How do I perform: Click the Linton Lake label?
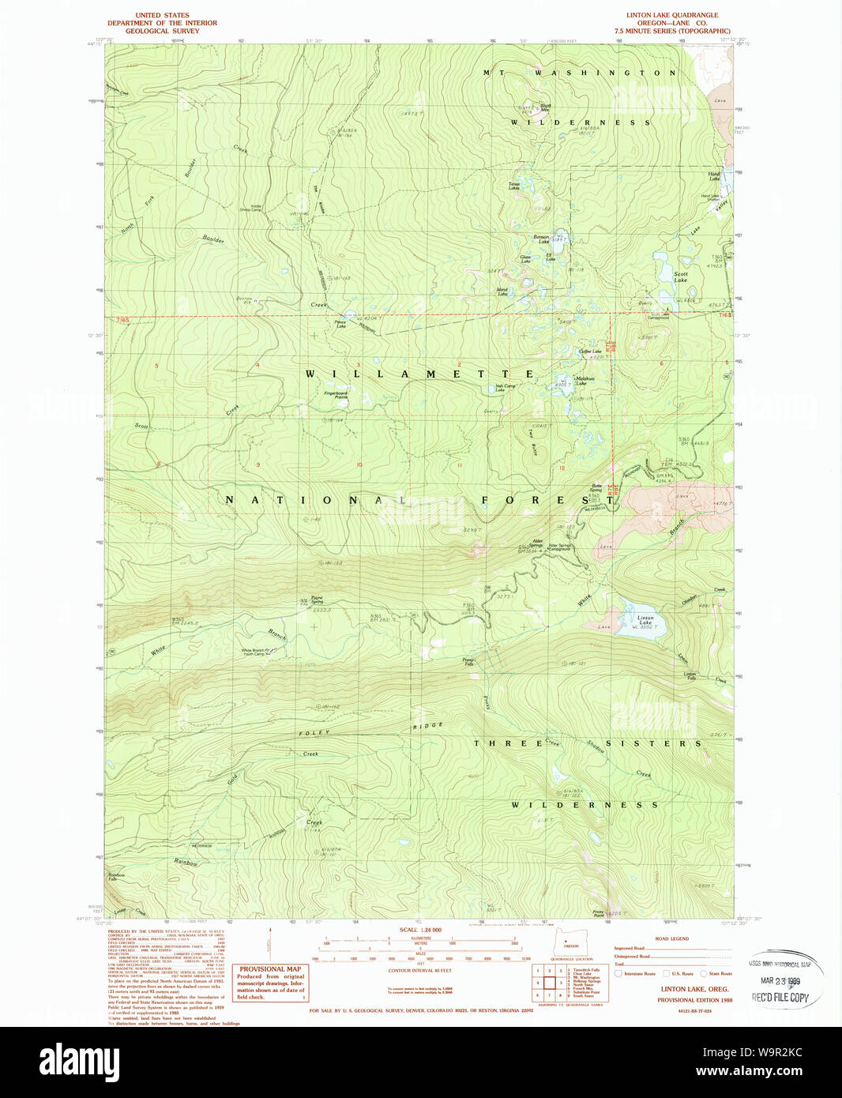645,620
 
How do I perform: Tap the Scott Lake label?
680,276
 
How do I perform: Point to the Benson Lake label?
541,239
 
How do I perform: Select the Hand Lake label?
714,176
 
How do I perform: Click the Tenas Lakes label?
514,187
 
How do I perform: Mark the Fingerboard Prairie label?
335,395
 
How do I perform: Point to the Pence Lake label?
340,324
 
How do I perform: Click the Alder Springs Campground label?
559,547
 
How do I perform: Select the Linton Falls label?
690,675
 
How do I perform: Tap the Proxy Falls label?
468,662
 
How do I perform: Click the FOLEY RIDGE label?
371,730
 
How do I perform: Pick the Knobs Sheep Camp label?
250,208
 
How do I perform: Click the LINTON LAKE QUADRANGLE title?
672,15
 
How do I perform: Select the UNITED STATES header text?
162,15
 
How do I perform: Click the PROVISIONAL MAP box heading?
270,969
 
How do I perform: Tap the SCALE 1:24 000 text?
420,930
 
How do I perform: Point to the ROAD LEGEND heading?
671,938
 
